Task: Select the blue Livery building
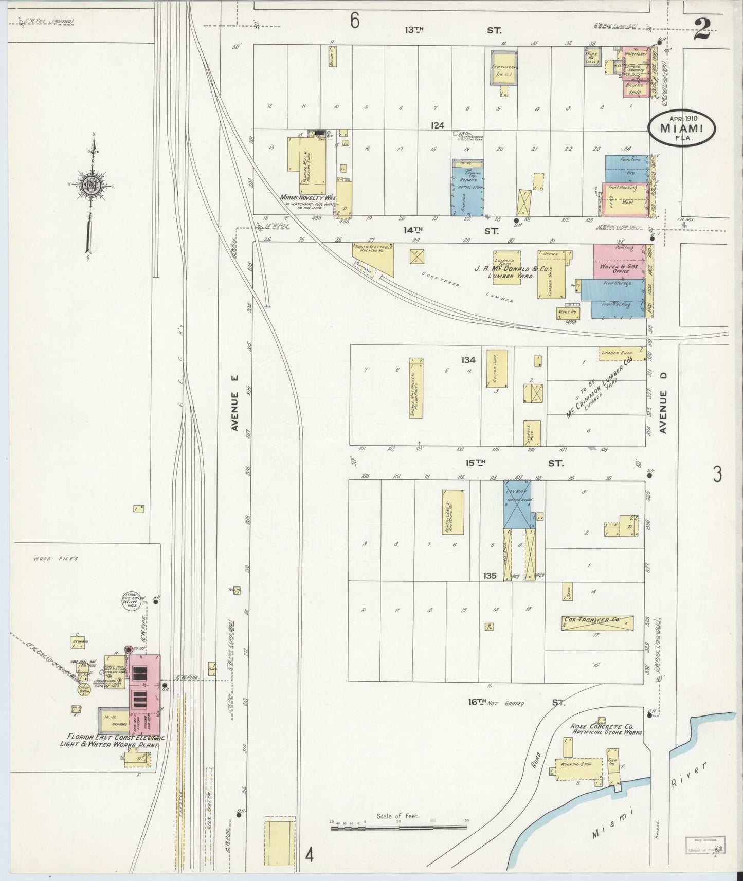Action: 518,505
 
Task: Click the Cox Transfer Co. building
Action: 596,623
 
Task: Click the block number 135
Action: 490,576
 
